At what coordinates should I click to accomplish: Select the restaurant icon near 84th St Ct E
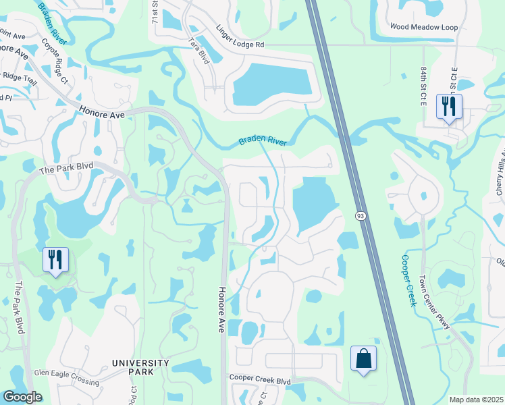click(449, 107)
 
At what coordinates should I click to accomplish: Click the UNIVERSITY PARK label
click(142, 367)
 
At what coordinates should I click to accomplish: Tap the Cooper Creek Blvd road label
click(259, 381)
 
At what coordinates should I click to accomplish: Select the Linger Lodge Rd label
click(240, 37)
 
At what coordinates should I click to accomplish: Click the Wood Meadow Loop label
click(424, 27)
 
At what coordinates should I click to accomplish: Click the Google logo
click(22, 397)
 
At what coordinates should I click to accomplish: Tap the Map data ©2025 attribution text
click(476, 400)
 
